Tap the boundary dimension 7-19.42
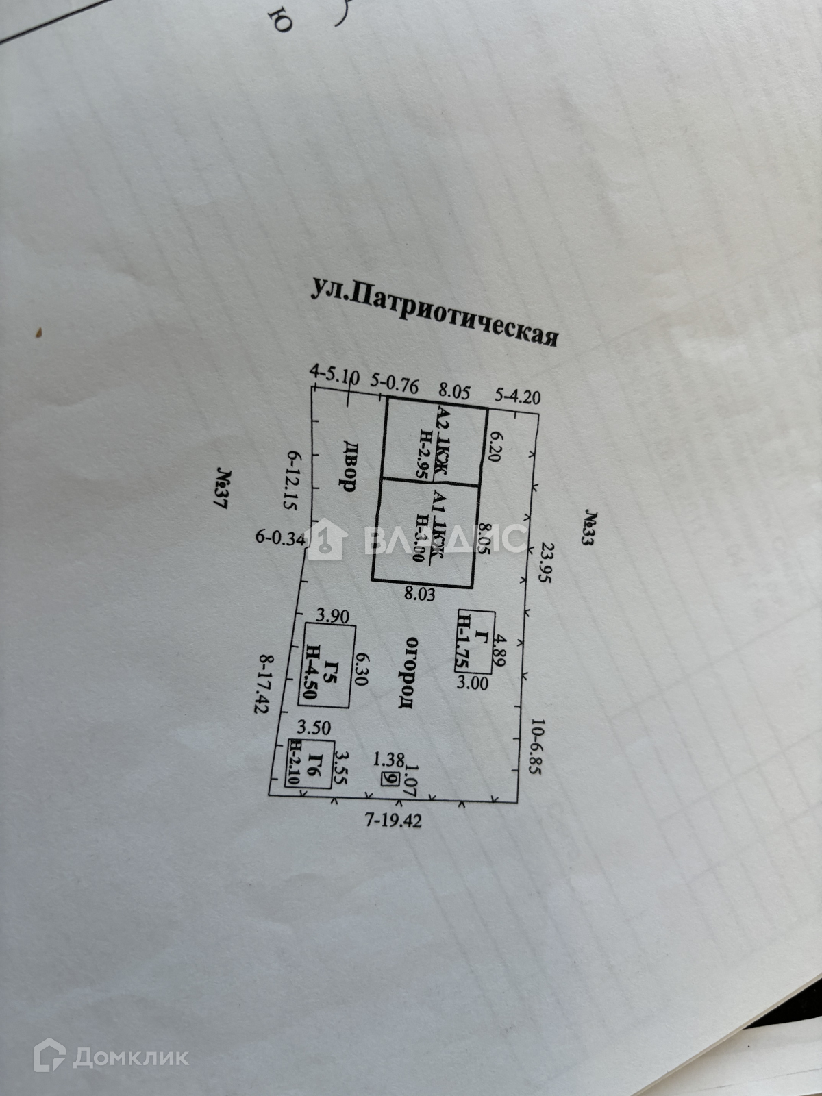(393, 821)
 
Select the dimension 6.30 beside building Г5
(361, 664)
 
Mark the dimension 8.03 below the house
(419, 595)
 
